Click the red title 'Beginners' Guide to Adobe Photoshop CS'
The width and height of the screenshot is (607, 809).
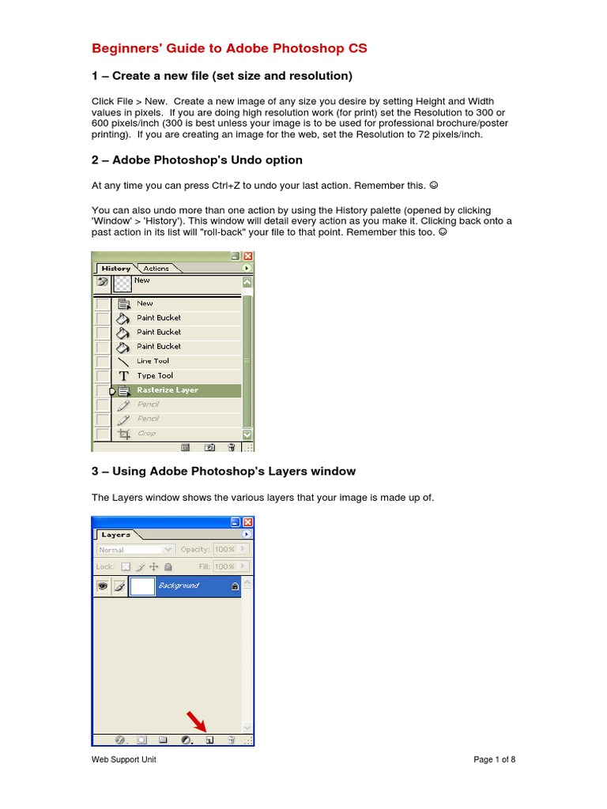[229, 49]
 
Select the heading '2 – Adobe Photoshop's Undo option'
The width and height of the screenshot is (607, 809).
[197, 160]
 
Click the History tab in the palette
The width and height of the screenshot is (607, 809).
[115, 269]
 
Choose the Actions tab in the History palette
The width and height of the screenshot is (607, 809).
[156, 269]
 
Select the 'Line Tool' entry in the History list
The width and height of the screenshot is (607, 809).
[153, 361]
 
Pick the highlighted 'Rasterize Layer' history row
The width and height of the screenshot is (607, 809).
[167, 390]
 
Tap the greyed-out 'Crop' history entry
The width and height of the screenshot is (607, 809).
[146, 434]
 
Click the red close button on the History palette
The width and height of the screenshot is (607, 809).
[247, 257]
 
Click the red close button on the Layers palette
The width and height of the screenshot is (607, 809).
[247, 522]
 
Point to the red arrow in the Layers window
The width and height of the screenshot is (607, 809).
[195, 721]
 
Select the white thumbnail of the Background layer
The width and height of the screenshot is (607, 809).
[142, 586]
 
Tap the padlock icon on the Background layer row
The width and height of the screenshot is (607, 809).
[235, 587]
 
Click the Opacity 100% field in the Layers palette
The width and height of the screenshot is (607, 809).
[224, 550]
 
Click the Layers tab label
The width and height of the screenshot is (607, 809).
[115, 535]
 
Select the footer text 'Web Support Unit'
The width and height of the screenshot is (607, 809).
[125, 760]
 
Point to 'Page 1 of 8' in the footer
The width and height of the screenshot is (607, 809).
[494, 760]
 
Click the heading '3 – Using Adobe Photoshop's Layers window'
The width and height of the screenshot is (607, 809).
[224, 472]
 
